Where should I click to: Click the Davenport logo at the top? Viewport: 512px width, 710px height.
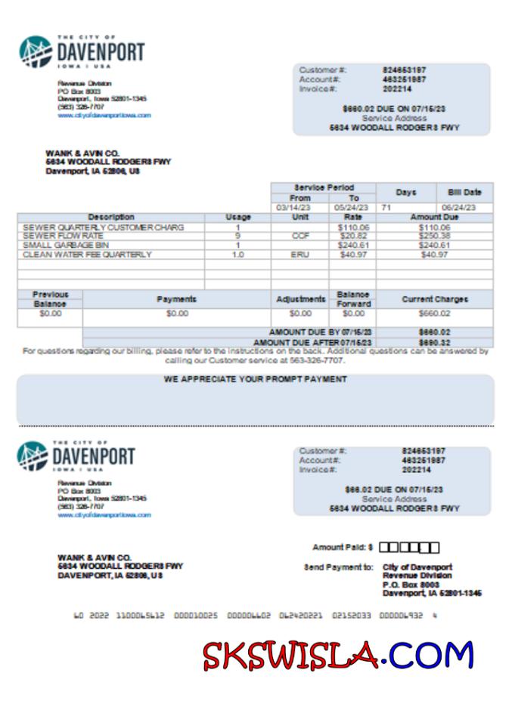pos(81,51)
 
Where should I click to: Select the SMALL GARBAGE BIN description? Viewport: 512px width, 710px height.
pos(56,245)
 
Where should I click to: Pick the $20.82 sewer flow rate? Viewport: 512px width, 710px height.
pos(352,236)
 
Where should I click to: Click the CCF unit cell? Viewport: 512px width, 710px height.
pos(299,236)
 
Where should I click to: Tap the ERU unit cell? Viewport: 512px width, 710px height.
pos(299,255)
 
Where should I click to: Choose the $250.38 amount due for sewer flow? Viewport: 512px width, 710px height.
pos(434,236)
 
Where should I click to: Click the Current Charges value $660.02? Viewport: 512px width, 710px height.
pos(434,313)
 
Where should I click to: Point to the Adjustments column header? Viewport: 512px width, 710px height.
pos(299,299)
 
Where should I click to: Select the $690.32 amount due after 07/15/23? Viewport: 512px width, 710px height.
pos(434,342)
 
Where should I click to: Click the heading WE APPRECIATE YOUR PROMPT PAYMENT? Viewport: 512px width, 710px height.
pos(256,379)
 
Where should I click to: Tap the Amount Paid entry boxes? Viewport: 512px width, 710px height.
pos(408,548)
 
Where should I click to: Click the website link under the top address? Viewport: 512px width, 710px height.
pos(104,116)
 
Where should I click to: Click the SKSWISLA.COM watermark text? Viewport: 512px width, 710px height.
pos(338,655)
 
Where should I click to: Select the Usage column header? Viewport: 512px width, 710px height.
pos(237,218)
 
